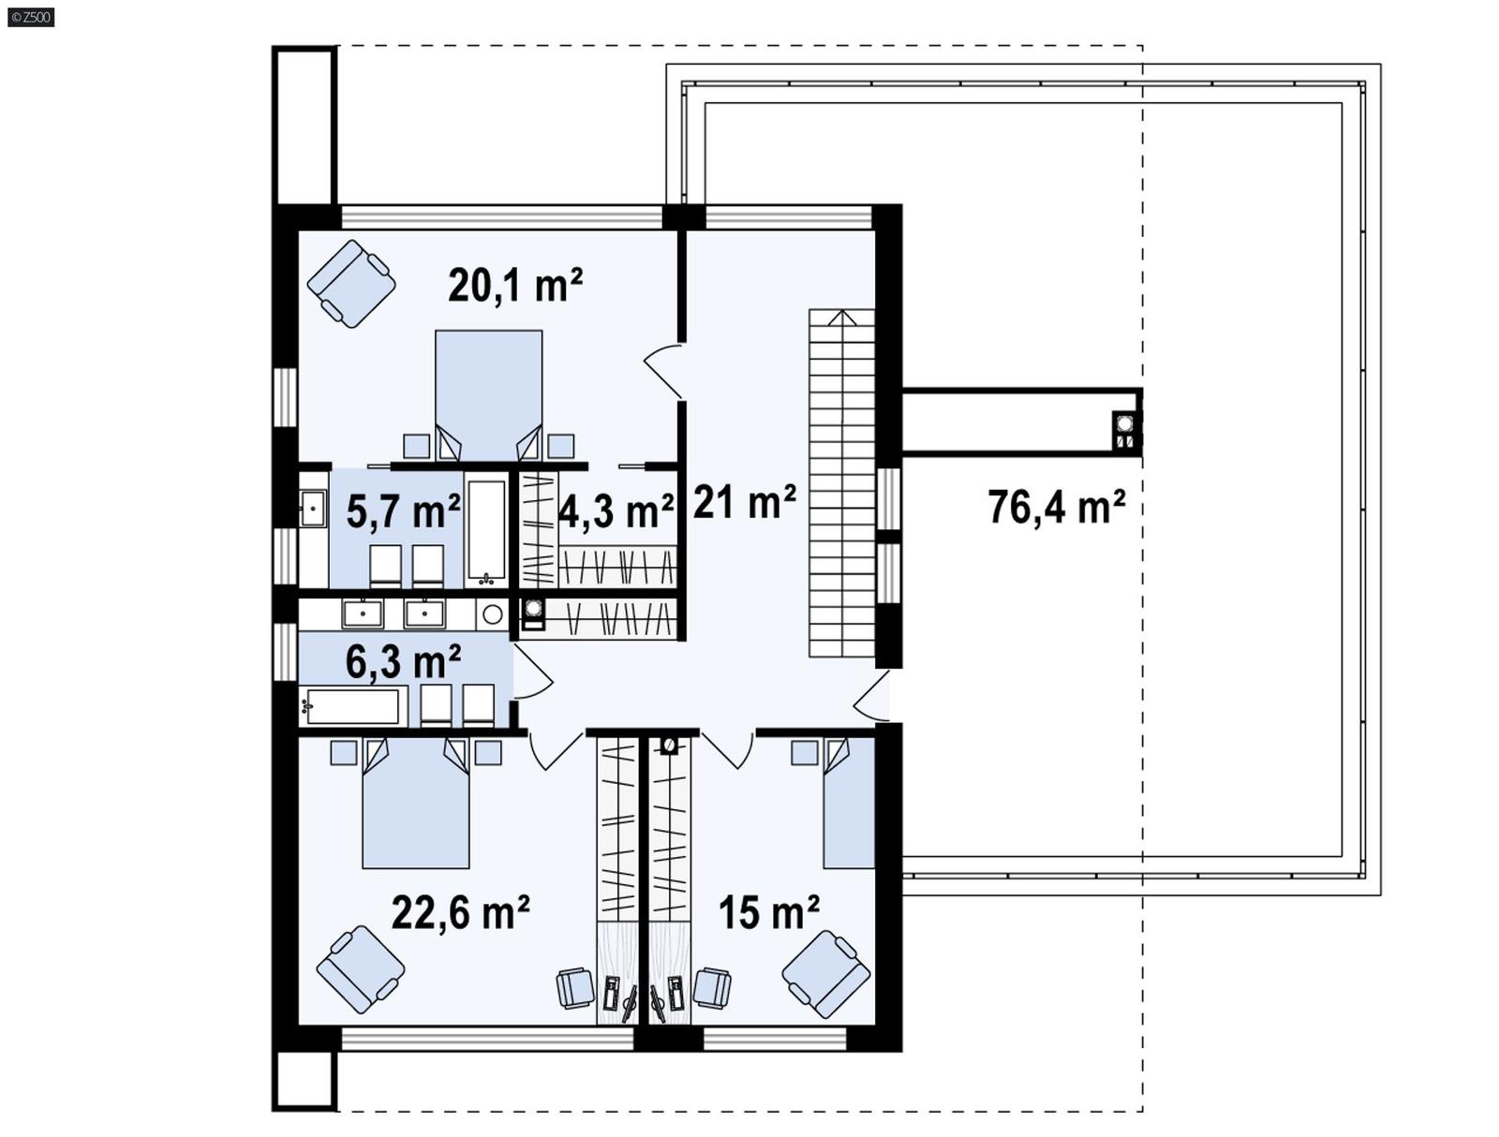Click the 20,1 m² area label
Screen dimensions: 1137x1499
point(515,285)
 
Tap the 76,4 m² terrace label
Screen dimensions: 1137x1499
point(1056,507)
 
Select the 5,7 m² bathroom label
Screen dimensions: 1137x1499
point(403,511)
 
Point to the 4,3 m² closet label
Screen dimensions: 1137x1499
point(616,511)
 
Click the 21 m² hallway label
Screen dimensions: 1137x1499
point(745,502)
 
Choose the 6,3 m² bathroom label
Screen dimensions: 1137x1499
point(403,661)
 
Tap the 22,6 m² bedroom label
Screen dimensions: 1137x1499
point(460,911)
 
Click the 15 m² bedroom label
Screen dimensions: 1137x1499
point(768,911)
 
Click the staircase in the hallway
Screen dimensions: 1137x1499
point(841,483)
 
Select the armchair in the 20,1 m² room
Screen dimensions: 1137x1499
point(351,284)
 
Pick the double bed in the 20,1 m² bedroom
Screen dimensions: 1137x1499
point(488,393)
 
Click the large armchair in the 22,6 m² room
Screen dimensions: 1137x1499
point(361,970)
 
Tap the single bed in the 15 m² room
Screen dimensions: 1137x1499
point(849,804)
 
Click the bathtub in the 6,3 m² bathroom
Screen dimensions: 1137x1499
point(353,706)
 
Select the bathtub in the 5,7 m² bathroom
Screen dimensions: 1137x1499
point(487,531)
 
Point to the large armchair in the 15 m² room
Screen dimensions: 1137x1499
point(825,973)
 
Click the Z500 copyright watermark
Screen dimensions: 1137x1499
point(31,16)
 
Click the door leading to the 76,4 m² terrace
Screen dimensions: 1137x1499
point(872,698)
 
